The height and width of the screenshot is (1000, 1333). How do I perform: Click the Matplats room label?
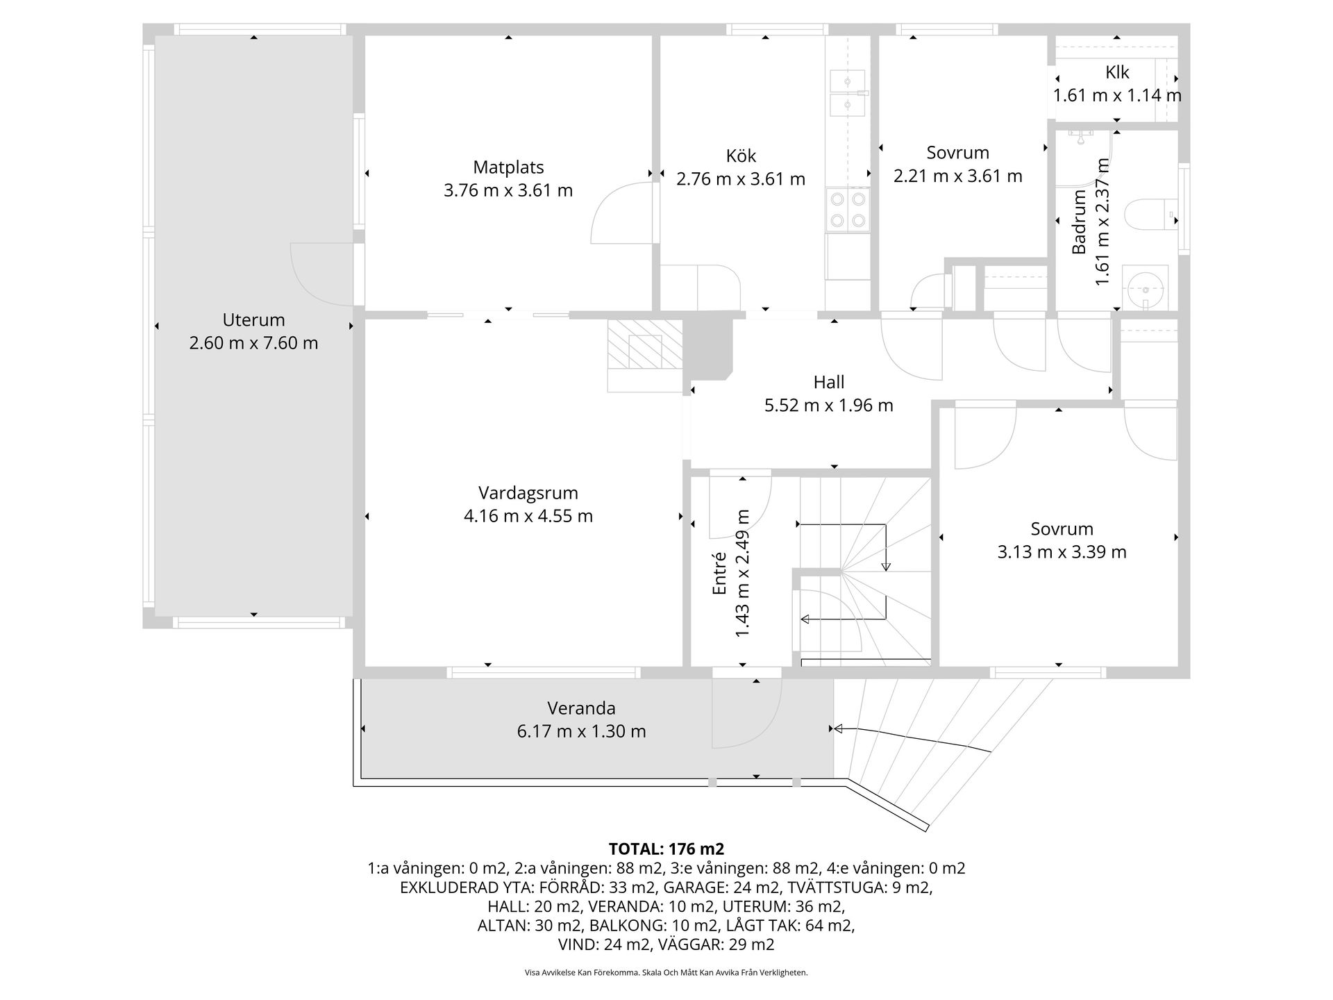tap(508, 167)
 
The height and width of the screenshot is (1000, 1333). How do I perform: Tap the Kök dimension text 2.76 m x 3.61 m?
tap(741, 179)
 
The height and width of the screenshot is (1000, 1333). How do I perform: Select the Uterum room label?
tap(253, 320)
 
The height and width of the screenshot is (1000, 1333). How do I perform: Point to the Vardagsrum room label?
tap(528, 493)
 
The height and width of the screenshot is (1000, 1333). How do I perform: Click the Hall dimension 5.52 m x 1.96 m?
tap(829, 406)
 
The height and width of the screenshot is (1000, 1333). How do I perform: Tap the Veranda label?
tap(581, 708)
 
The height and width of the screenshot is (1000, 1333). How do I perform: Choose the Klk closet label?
tap(1117, 72)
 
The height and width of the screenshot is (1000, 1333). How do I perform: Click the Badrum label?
tap(1079, 222)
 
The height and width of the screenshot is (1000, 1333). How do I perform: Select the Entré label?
tap(719, 573)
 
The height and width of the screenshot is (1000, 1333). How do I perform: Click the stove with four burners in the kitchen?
tap(848, 209)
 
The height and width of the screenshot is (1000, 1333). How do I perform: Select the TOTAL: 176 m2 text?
tap(666, 849)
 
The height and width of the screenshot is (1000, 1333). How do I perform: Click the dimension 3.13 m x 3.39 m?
tap(1062, 552)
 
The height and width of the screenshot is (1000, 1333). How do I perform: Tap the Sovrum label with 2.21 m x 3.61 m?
tap(958, 153)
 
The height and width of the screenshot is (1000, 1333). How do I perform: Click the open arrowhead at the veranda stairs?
tap(838, 728)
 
